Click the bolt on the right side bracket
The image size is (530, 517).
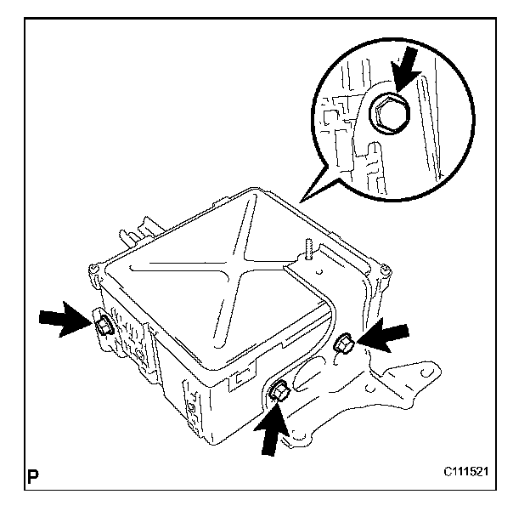click(x=346, y=344)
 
